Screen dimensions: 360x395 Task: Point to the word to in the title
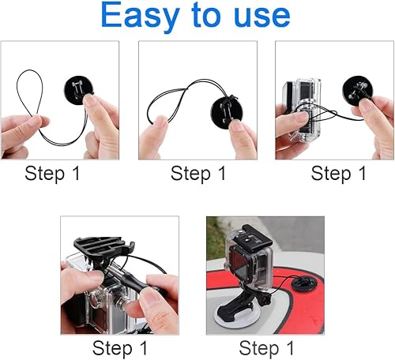point(205,16)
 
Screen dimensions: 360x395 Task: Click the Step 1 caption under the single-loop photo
point(52,174)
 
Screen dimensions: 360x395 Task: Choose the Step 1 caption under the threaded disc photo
point(197,174)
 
